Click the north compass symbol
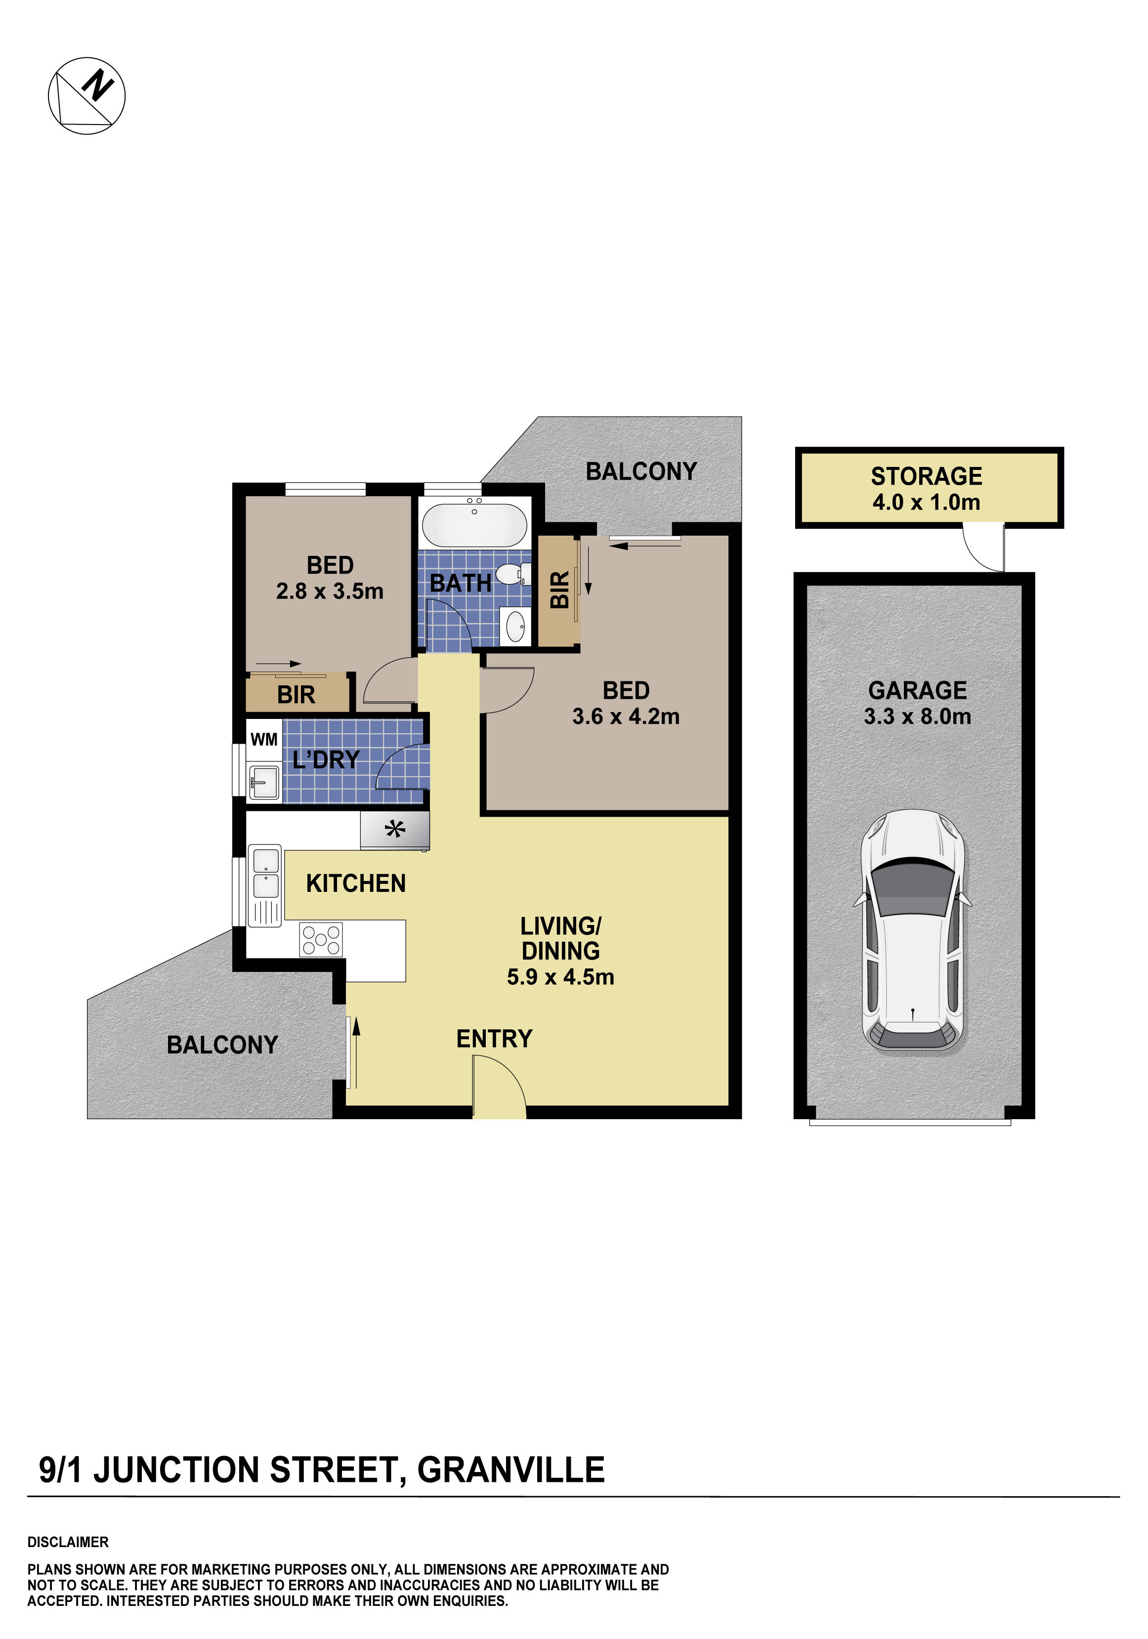[x=86, y=95]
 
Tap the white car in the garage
[x=912, y=931]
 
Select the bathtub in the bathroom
[x=474, y=525]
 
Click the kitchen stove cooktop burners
[x=321, y=939]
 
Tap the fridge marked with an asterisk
[x=395, y=830]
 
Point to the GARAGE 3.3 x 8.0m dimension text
[x=917, y=716]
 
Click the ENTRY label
[x=494, y=1039]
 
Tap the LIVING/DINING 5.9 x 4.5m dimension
[x=560, y=976]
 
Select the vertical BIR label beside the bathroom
[x=560, y=589]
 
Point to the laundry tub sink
[x=264, y=781]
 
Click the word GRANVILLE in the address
[x=511, y=1471]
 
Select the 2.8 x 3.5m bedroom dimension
[x=330, y=591]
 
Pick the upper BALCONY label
[x=641, y=471]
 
